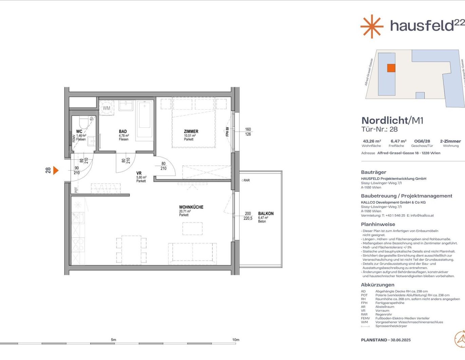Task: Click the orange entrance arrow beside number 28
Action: pos(56,170)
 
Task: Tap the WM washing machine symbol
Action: pos(107,108)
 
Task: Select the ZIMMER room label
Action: pos(191,131)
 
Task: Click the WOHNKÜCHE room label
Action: pos(191,207)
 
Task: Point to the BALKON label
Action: pos(266,214)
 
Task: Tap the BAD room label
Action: pos(123,131)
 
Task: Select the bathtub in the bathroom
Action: pos(145,120)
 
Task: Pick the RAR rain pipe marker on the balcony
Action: pos(246,180)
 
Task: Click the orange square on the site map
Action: pos(391,68)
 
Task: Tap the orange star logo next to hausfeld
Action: pos(372,26)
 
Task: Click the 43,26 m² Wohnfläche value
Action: pos(372,141)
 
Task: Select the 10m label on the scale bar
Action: pos(236,340)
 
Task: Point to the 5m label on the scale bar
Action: pos(113,340)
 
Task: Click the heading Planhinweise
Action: pos(378,224)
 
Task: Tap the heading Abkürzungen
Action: pos(377,285)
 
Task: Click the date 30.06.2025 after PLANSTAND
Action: pos(401,340)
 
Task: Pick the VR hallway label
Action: pos(139,173)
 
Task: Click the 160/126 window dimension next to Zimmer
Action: pos(248,132)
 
